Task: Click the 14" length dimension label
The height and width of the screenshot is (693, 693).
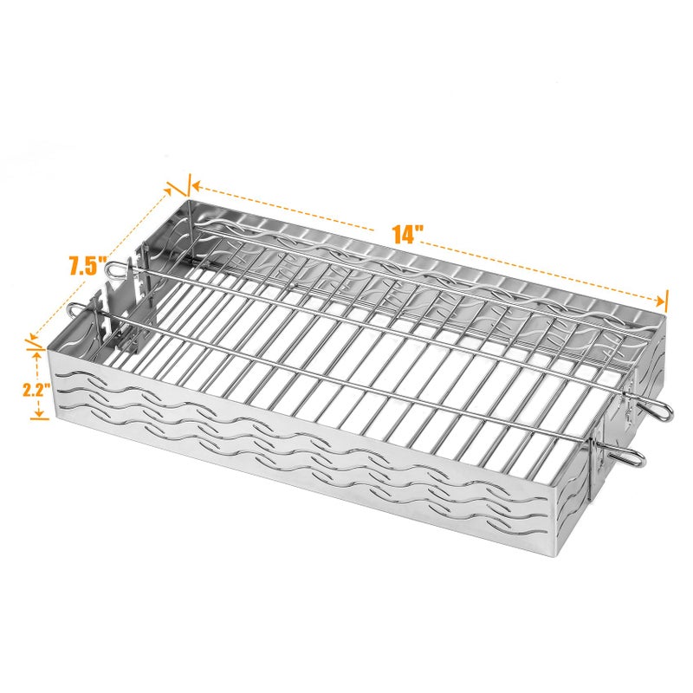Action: [407, 234]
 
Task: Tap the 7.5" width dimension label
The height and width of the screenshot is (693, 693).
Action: [87, 267]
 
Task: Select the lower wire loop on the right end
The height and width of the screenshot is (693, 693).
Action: [635, 457]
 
